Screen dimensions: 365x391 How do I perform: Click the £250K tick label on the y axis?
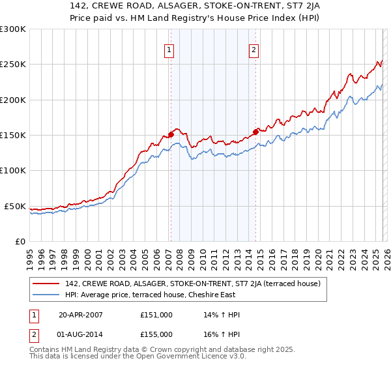tap(12, 65)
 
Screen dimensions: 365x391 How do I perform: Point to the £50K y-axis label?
tap(15, 206)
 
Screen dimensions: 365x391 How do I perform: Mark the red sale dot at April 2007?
tap(171, 135)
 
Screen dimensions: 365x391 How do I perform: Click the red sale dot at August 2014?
tap(255, 131)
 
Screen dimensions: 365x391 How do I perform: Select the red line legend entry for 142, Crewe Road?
tap(192, 284)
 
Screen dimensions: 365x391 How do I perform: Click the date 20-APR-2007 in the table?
tap(81, 314)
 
